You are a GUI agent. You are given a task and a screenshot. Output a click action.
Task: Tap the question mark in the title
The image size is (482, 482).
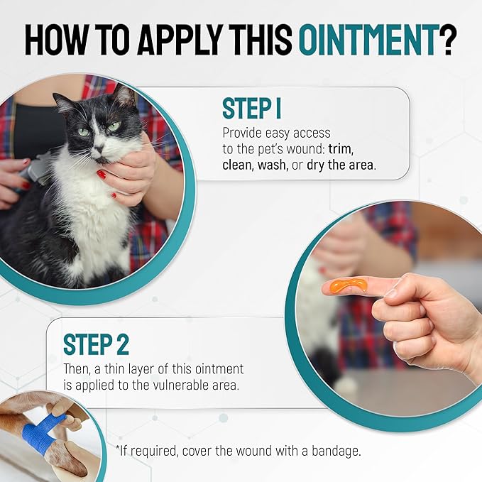(447, 41)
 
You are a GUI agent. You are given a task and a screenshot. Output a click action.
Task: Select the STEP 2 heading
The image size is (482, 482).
(96, 344)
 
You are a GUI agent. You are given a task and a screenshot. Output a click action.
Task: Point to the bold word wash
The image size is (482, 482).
(269, 164)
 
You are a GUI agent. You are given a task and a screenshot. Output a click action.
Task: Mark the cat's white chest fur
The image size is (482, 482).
(99, 213)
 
